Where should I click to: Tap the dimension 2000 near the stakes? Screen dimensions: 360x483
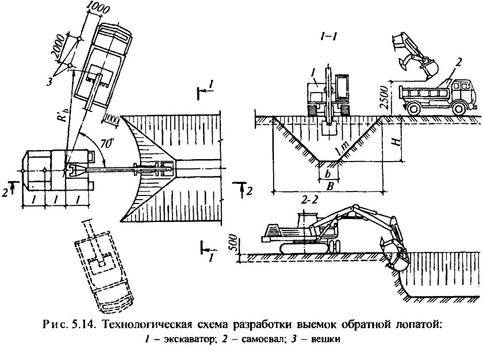[x=57, y=54]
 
